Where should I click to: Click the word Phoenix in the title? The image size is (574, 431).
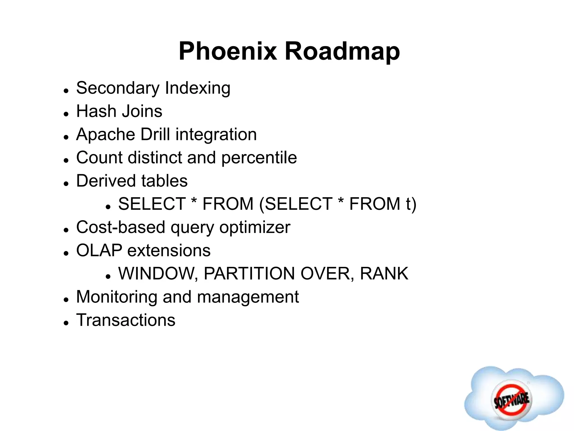228,52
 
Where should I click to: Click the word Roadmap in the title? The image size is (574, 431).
342,52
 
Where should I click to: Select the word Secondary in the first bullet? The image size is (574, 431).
118,88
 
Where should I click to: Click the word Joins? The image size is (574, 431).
142,111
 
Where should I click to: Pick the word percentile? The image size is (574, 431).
259,158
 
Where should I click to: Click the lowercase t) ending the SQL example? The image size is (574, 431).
411,204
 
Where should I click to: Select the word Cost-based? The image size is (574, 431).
121,227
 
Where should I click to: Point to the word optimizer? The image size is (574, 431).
254,227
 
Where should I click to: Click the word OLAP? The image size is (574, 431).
99,250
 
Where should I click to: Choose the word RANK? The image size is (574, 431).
384,274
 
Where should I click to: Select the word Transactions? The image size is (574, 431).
126,320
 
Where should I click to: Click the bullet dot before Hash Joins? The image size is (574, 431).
66,114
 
